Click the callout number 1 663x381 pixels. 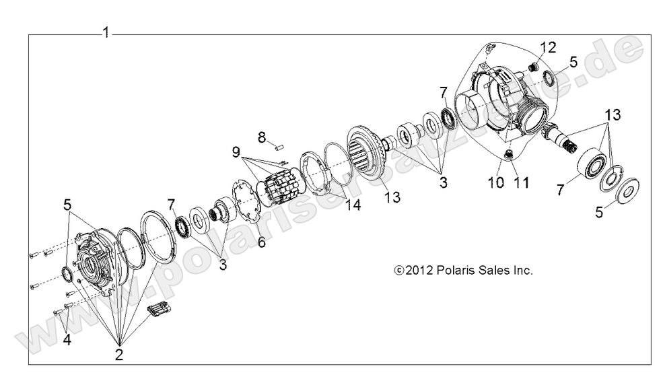coord(106,32)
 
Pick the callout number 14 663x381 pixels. coord(353,206)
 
